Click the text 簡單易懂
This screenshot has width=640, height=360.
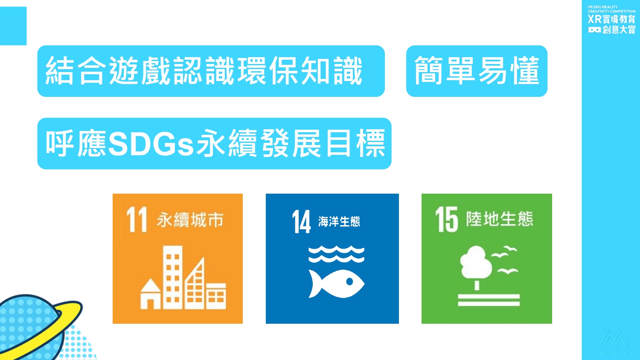pyautogui.click(x=477, y=70)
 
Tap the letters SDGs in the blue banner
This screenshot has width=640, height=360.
pyautogui.click(x=151, y=143)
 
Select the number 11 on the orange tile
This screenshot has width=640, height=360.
pyautogui.click(x=137, y=219)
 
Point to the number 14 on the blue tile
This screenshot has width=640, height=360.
pyautogui.click(x=301, y=222)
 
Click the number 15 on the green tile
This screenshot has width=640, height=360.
pyautogui.click(x=447, y=219)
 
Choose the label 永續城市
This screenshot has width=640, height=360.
pyautogui.click(x=190, y=220)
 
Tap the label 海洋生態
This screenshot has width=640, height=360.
pyautogui.click(x=339, y=222)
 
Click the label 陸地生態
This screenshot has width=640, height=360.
pyautogui.click(x=500, y=219)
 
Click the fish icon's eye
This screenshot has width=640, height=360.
pyautogui.click(x=349, y=282)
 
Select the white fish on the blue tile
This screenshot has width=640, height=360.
pyautogui.click(x=337, y=284)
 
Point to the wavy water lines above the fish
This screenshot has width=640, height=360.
pyautogui.click(x=337, y=254)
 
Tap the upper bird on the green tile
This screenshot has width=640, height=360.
pyautogui.click(x=504, y=251)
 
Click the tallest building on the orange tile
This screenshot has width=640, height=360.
pyautogui.click(x=172, y=277)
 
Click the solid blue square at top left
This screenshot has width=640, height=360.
pyautogui.click(x=13, y=26)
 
